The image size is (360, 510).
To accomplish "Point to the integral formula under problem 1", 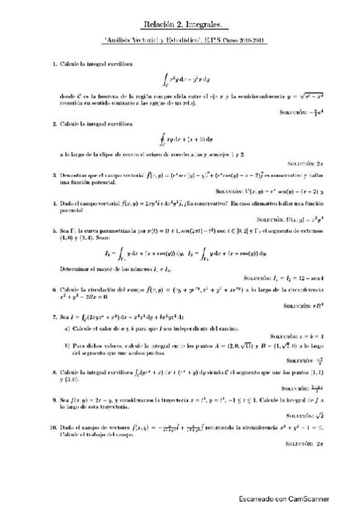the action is [x=180, y=78].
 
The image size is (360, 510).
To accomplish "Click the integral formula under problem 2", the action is [x=180, y=141].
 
